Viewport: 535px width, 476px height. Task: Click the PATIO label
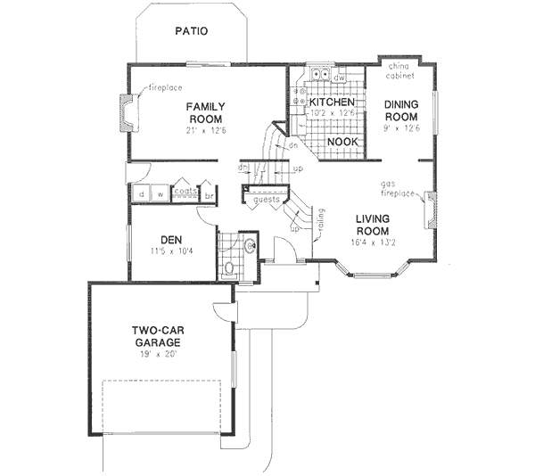pos(192,31)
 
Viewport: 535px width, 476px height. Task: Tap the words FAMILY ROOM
pos(205,112)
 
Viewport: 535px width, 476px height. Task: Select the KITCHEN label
pos(332,103)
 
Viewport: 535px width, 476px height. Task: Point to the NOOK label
pos(342,141)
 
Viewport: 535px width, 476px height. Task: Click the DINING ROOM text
pos(401,111)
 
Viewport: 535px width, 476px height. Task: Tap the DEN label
pos(171,239)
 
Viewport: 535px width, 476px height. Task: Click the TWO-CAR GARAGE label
pos(158,336)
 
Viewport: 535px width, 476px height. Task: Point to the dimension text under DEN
pos(172,252)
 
